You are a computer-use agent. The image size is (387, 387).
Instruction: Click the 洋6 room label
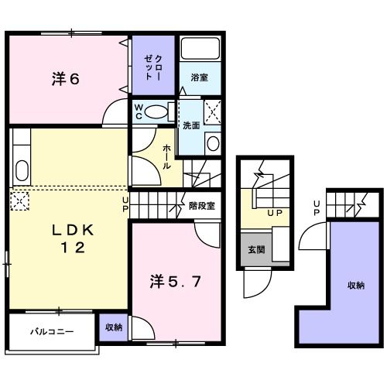(x=66, y=79)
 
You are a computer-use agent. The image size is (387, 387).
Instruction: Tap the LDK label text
(x=73, y=230)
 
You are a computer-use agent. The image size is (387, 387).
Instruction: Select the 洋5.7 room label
(x=175, y=281)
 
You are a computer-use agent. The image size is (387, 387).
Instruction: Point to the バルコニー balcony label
(x=52, y=331)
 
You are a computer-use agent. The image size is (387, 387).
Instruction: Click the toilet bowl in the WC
(x=156, y=112)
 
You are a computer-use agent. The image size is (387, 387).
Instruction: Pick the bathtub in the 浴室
(x=200, y=48)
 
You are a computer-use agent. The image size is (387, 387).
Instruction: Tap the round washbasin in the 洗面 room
(x=213, y=143)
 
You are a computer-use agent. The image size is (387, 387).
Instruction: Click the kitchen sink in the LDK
(x=22, y=170)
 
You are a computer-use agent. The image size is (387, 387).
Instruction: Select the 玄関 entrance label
(x=256, y=249)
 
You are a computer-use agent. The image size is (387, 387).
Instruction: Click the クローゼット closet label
(x=152, y=67)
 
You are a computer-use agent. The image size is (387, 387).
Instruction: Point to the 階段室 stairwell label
(x=202, y=206)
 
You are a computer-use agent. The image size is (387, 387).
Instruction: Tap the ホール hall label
(x=166, y=157)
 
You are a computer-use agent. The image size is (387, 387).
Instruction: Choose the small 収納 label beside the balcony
(x=114, y=327)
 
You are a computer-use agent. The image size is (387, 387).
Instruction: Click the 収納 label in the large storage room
(x=356, y=285)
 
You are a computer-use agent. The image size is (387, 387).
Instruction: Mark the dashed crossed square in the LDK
(x=19, y=200)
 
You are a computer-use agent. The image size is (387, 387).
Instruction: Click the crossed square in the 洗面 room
(x=213, y=112)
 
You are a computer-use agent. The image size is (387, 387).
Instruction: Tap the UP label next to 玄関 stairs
(x=275, y=213)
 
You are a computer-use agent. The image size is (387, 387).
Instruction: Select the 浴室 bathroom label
(x=200, y=77)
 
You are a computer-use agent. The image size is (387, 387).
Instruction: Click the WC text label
(x=139, y=111)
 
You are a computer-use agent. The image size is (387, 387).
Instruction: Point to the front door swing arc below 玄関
(x=265, y=289)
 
